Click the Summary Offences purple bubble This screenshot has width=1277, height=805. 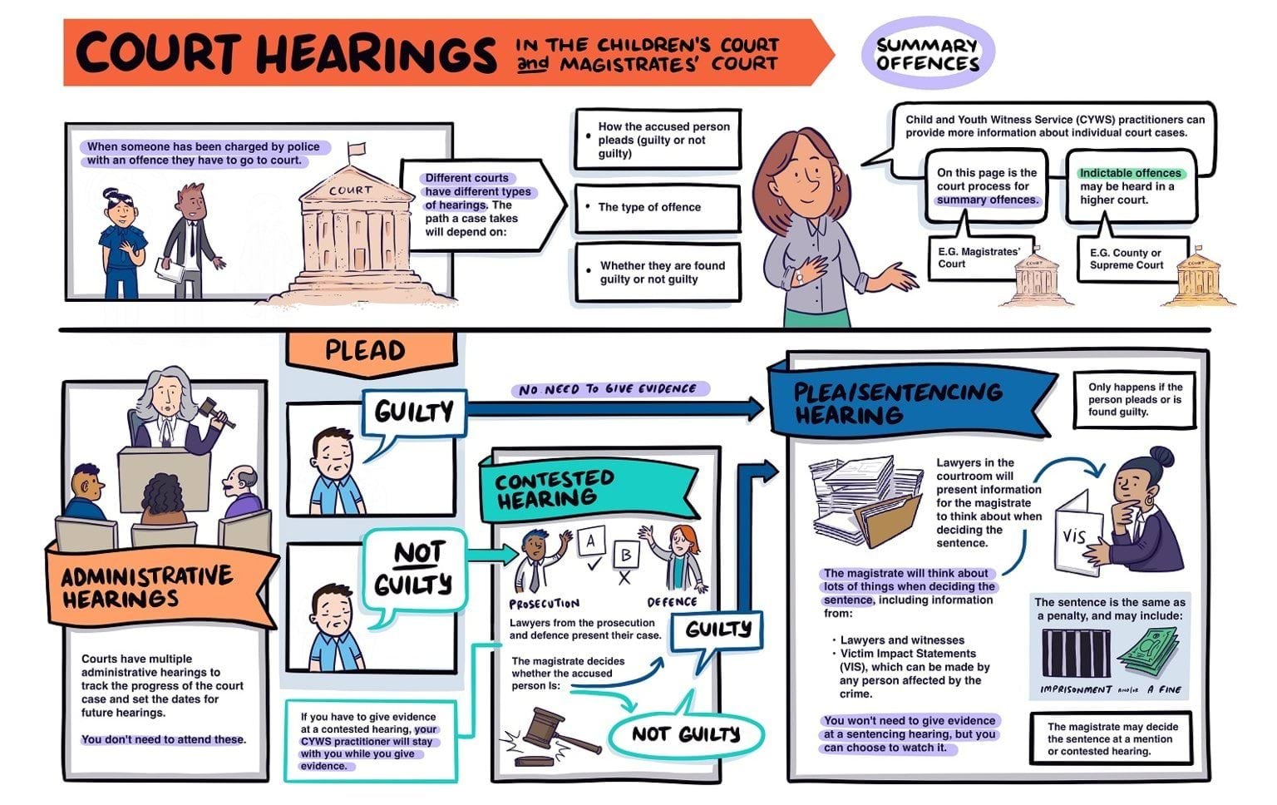927,55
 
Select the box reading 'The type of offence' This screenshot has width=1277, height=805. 657,208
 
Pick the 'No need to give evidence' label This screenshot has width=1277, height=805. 609,389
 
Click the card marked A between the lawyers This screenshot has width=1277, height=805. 590,543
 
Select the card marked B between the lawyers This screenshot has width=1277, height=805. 626,555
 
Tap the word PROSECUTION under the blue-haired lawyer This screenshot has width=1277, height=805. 544,604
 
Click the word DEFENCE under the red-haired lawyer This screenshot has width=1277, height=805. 672,602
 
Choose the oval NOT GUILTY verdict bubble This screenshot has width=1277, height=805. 685,733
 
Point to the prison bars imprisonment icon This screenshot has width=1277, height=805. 1073,654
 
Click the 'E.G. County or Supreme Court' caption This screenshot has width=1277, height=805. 1126,259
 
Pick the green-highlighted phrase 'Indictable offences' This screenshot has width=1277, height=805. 1130,173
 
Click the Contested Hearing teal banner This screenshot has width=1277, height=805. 582,490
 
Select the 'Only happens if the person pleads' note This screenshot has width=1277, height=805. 1135,399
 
